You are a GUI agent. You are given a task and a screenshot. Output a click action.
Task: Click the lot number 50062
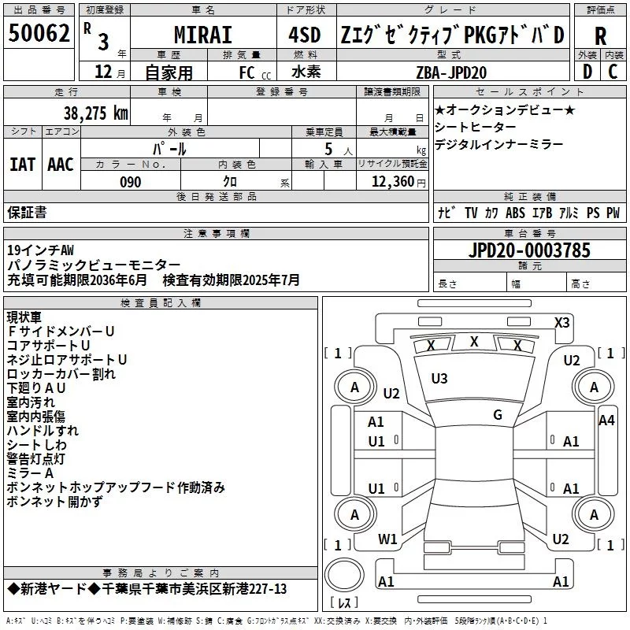[x=39, y=34]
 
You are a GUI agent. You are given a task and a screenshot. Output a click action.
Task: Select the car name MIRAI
[x=202, y=35]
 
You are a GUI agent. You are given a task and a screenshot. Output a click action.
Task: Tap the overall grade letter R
[x=600, y=36]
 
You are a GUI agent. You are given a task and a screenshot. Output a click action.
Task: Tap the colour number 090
[x=130, y=183]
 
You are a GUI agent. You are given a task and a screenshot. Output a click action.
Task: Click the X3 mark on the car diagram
[x=561, y=322]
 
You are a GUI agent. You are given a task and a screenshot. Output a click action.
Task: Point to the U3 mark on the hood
[x=439, y=379]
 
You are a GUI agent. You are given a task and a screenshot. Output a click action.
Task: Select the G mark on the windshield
[x=497, y=415]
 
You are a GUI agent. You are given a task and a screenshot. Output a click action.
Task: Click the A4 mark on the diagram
[x=606, y=421]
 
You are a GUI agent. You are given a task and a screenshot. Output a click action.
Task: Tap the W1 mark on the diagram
[x=387, y=539]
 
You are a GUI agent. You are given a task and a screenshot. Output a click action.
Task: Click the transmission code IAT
[x=22, y=165]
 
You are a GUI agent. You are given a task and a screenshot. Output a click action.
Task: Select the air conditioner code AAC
[x=61, y=165]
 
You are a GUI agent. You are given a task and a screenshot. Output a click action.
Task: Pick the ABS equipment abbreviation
[x=515, y=213]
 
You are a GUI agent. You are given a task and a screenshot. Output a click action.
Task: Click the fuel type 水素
[x=306, y=72]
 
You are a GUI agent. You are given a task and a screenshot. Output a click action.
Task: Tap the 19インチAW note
[x=40, y=250]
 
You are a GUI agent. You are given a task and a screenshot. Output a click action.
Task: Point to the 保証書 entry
[x=27, y=212]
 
